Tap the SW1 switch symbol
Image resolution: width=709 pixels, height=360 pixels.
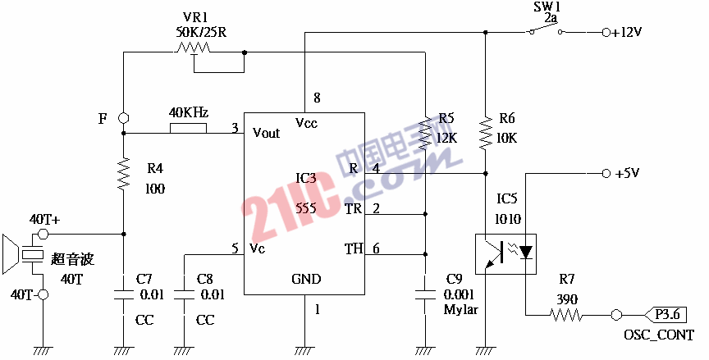click(x=546, y=32)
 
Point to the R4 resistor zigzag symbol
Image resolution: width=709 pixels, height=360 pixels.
click(x=123, y=174)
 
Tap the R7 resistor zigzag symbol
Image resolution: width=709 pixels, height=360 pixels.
click(x=566, y=314)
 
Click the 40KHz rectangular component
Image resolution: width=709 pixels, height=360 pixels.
click(x=189, y=128)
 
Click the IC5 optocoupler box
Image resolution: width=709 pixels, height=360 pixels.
click(x=505, y=252)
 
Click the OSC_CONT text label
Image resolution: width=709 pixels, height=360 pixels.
click(x=658, y=335)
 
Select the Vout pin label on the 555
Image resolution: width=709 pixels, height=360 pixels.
click(x=266, y=133)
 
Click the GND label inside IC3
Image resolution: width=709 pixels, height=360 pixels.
click(x=306, y=279)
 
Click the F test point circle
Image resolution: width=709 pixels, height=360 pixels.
click(x=123, y=118)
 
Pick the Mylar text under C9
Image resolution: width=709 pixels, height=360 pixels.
click(x=460, y=310)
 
